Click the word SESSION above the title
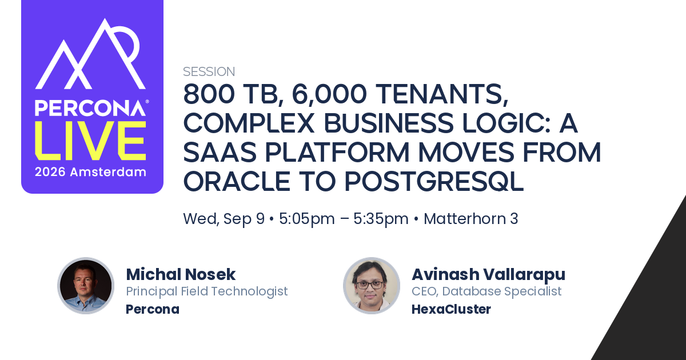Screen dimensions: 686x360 [209, 71]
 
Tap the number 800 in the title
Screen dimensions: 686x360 [209, 94]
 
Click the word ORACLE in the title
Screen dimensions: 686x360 [237, 181]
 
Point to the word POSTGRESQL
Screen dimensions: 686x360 [434, 181]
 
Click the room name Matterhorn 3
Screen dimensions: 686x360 [470, 218]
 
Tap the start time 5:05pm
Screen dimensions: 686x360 [307, 219]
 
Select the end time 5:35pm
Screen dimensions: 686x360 [381, 219]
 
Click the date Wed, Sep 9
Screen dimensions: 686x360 [224, 219]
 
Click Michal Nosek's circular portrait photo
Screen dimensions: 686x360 [86, 286]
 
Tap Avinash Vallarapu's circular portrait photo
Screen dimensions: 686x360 [372, 286]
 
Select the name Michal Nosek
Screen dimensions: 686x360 [181, 274]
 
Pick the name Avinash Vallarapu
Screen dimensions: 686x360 [488, 275]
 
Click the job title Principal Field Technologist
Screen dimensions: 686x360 [207, 291]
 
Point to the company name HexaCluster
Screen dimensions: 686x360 [451, 309]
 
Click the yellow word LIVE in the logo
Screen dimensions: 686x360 [91, 141]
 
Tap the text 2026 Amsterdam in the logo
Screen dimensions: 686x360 [90, 172]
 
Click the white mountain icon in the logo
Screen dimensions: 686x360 [90, 54]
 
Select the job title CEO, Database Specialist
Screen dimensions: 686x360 [486, 291]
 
